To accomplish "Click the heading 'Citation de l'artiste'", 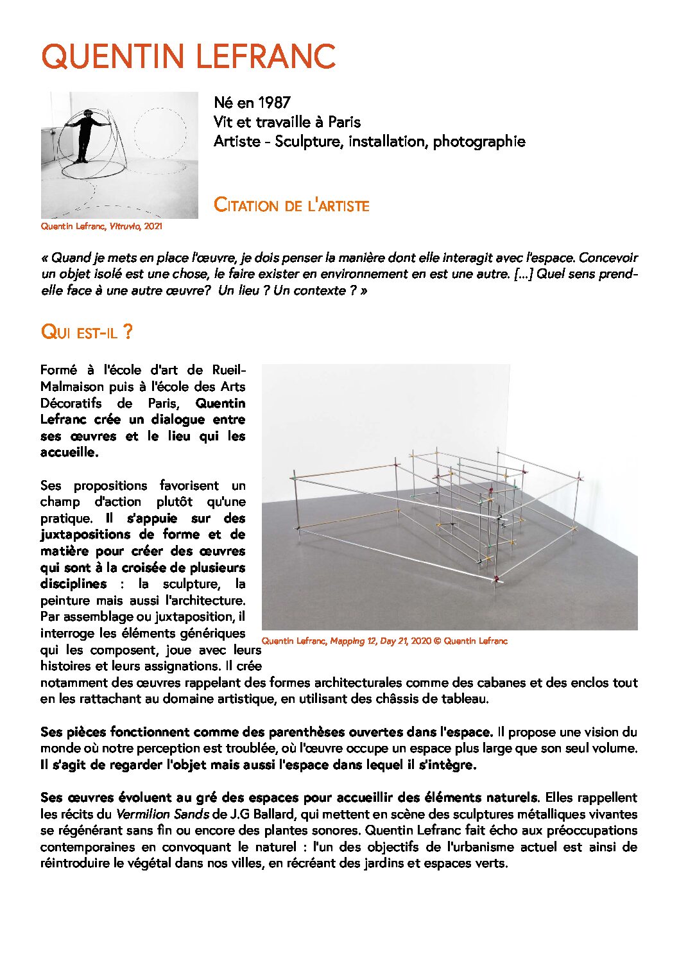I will [x=291, y=206].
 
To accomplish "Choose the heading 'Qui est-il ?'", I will [x=87, y=333].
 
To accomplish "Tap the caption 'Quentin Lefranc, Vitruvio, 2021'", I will [x=101, y=227].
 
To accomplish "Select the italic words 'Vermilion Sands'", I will [x=162, y=814].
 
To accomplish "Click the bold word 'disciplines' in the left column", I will [x=73, y=584].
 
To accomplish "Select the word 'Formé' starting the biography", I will [x=58, y=370].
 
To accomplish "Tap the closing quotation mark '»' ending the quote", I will [x=364, y=290].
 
